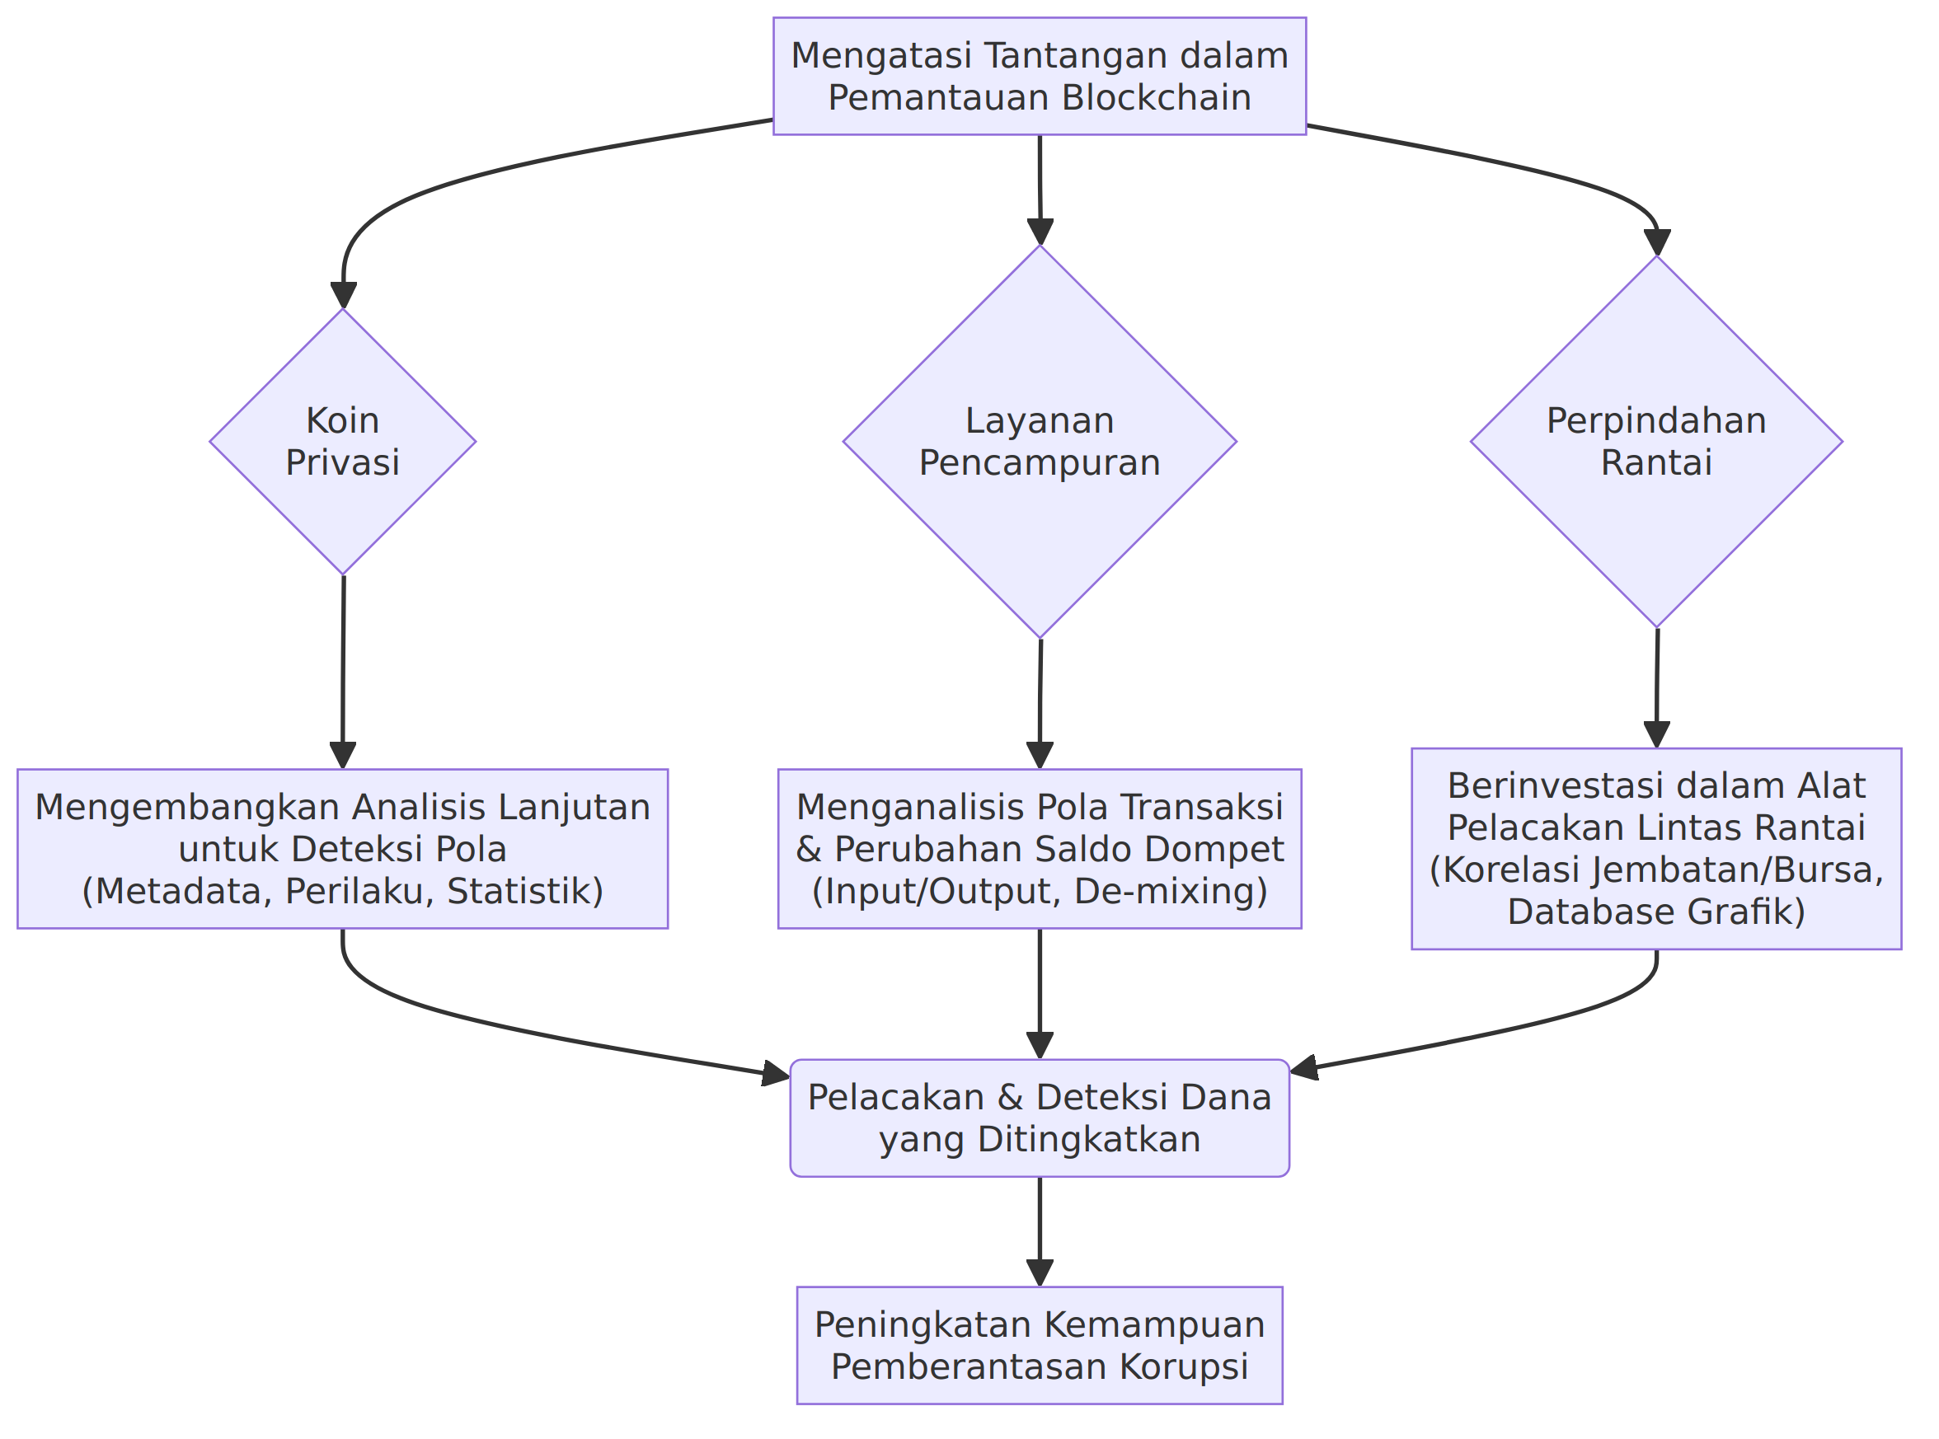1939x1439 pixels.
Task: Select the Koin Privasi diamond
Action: (343, 442)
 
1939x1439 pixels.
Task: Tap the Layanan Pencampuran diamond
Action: (1040, 442)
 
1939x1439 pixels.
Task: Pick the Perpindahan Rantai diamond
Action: (1656, 442)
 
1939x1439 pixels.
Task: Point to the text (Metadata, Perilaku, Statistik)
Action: (343, 891)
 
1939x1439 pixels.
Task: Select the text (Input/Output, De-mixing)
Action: (1040, 891)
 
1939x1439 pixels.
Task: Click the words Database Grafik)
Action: (1656, 912)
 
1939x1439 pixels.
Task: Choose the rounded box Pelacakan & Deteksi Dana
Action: (1040, 1118)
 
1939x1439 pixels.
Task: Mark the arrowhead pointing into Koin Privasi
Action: (343, 295)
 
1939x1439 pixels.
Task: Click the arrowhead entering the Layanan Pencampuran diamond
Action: (1040, 232)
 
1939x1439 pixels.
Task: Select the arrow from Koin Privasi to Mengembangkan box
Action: (343, 672)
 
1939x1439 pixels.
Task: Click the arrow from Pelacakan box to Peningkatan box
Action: (1040, 1231)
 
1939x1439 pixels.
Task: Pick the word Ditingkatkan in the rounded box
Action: (1089, 1139)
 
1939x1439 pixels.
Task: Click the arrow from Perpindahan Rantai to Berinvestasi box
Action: (1656, 687)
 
